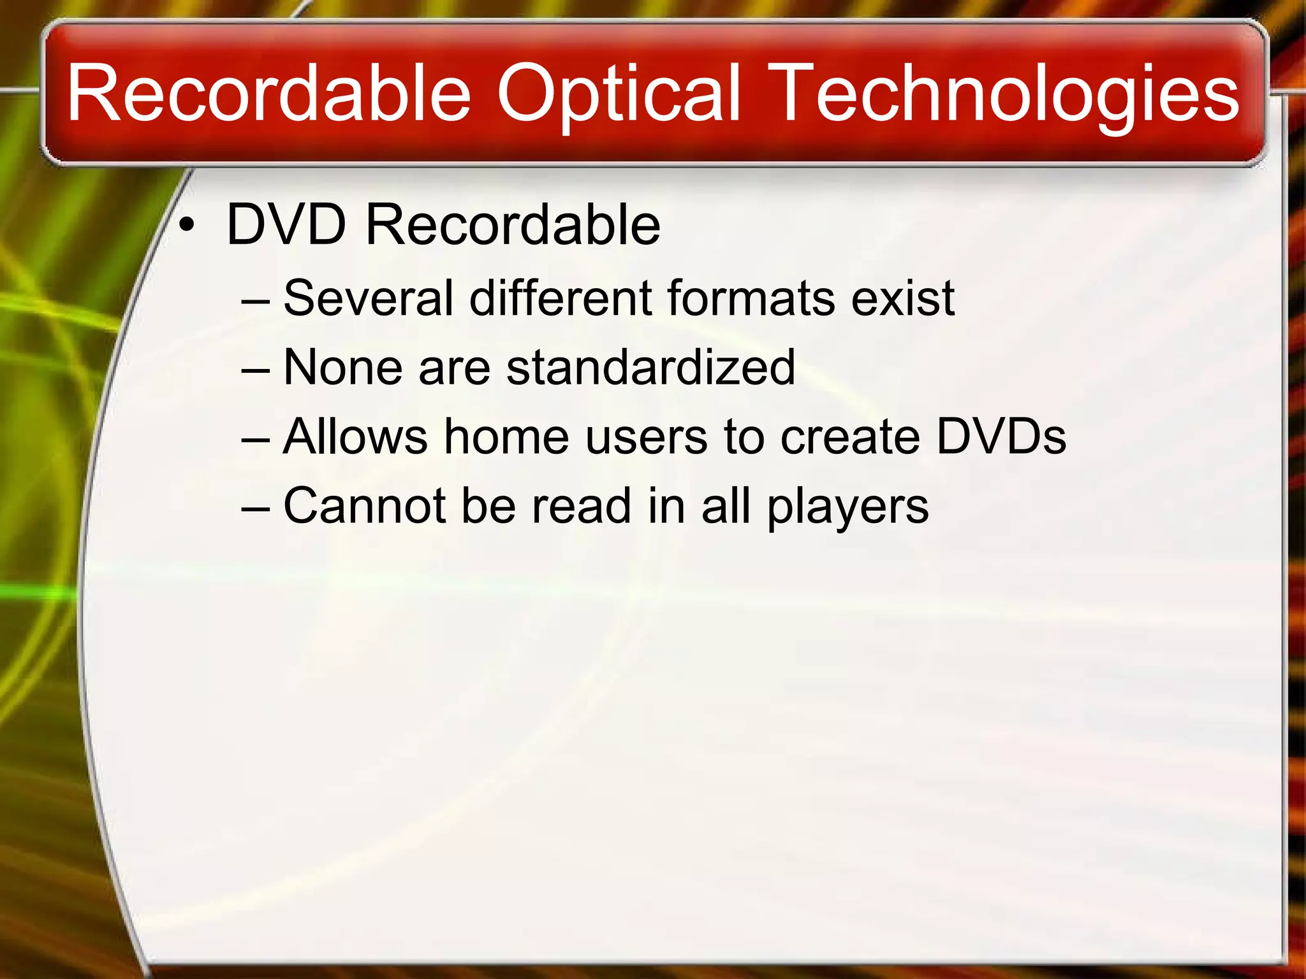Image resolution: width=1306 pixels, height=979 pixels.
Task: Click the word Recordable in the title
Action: [268, 93]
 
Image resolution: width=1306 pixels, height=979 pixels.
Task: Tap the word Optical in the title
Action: [618, 93]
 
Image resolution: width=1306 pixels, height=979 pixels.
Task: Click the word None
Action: [342, 367]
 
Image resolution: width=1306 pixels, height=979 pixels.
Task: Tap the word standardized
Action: [650, 367]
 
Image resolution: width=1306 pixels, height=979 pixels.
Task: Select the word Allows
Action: [355, 437]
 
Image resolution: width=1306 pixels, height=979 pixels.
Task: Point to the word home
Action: [506, 437]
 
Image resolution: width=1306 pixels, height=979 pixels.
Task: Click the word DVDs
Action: [1001, 437]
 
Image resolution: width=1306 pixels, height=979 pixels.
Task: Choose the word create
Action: [850, 437]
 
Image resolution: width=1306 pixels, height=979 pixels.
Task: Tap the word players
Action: [847, 507]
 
